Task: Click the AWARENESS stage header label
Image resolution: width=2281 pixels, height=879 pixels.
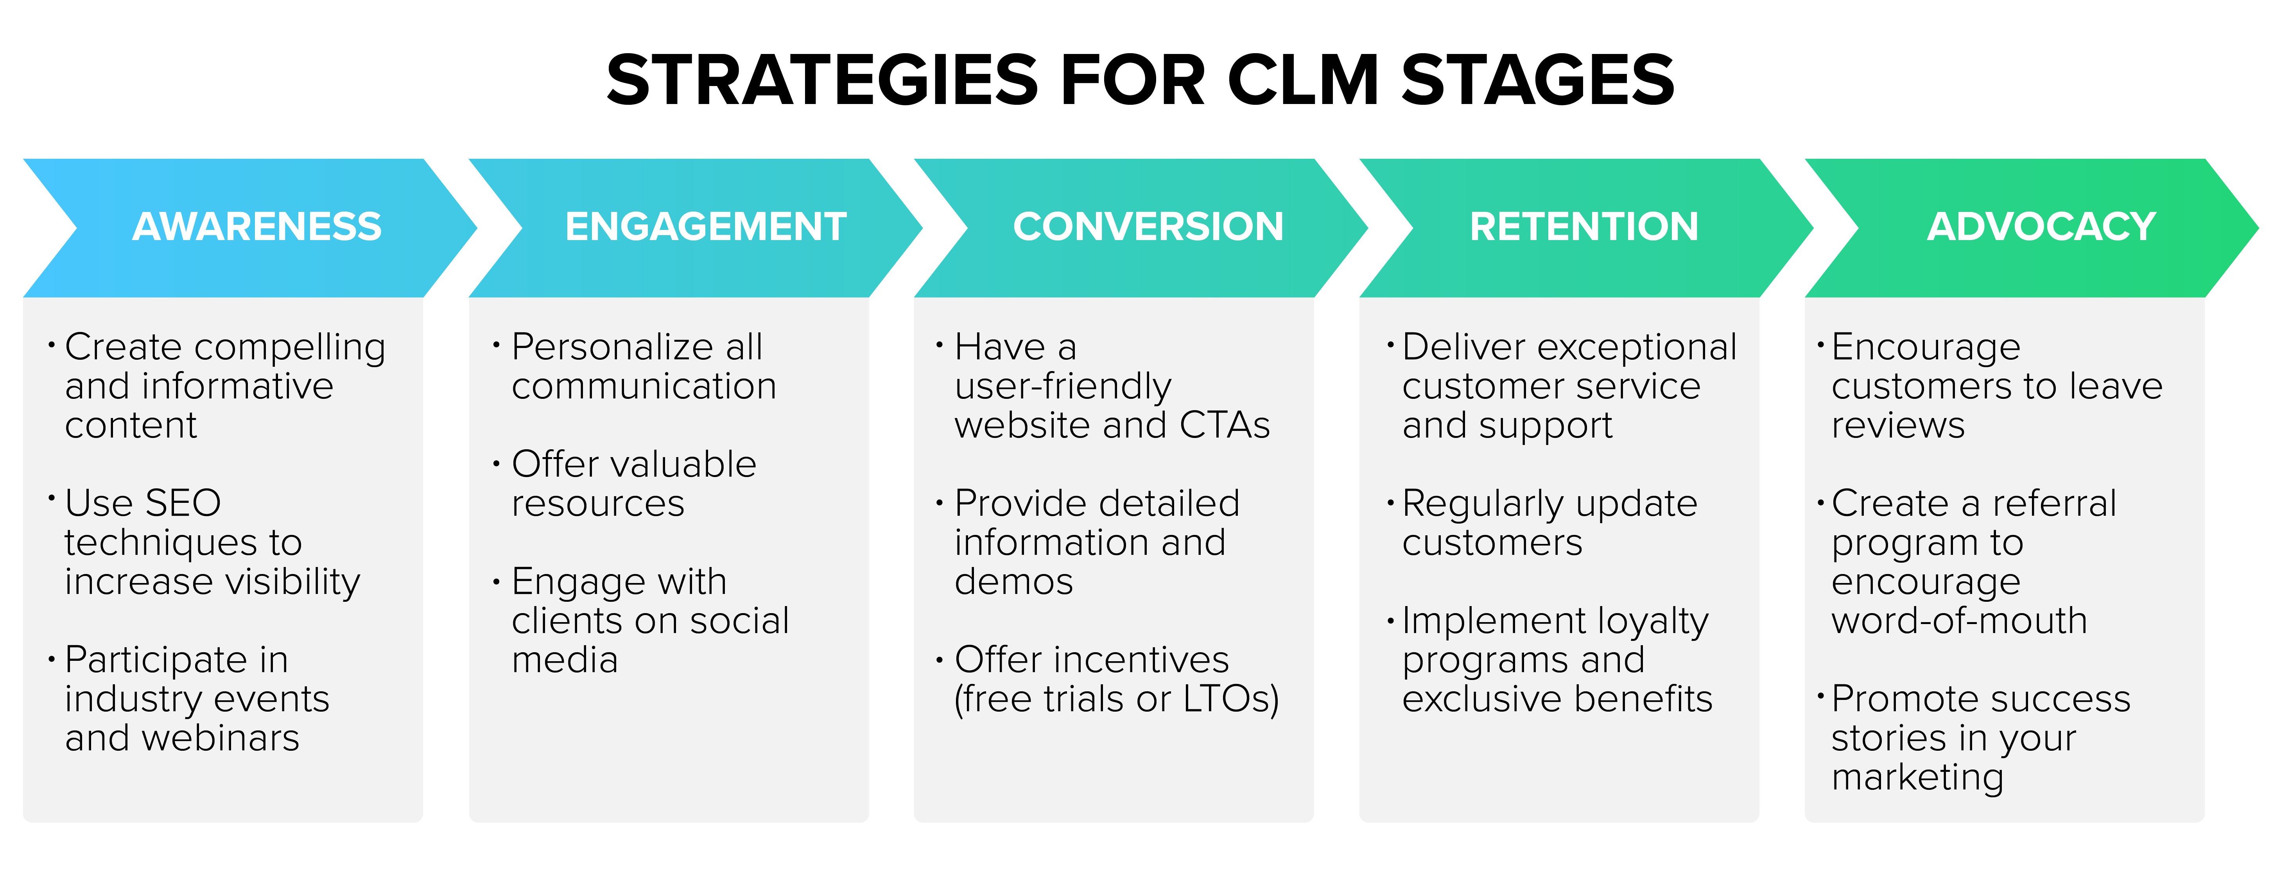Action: click(257, 227)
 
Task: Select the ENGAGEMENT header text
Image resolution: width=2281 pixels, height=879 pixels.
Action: click(706, 227)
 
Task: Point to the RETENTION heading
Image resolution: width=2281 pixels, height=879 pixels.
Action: click(1584, 227)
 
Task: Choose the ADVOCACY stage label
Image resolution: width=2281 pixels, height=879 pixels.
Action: click(2041, 227)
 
